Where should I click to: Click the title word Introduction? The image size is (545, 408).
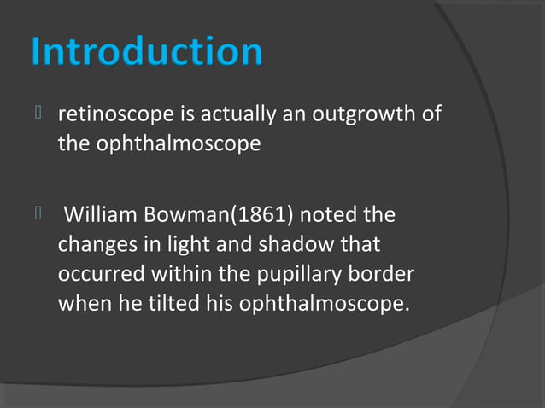coord(146,52)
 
